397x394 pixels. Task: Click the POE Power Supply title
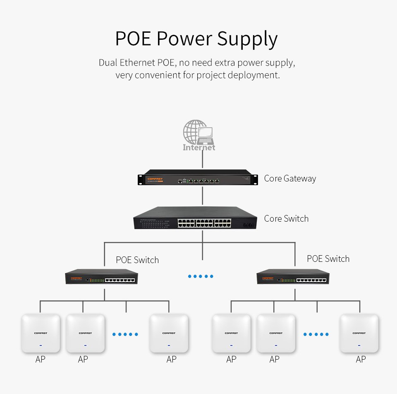coord(196,39)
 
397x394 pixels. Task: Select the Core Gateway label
coord(290,179)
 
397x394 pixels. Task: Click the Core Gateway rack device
coord(198,179)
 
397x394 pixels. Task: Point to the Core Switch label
coord(286,219)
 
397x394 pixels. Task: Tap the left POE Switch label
coord(137,260)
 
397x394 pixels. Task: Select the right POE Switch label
coord(328,259)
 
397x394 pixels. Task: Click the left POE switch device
coord(102,277)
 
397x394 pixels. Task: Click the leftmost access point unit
coord(41,334)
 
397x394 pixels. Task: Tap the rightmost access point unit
coord(359,334)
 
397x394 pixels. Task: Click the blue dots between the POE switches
coord(201,276)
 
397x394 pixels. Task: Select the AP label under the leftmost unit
coord(41,360)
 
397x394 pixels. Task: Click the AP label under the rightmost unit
coord(361,360)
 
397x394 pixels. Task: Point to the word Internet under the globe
coord(199,147)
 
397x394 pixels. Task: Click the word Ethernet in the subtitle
coord(137,63)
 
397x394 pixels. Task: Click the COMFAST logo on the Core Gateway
coord(155,179)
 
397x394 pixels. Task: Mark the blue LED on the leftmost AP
coord(41,345)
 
